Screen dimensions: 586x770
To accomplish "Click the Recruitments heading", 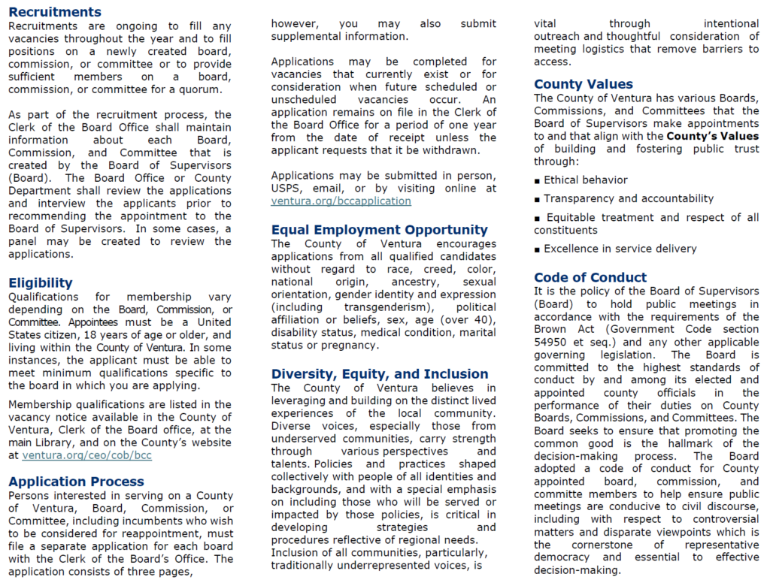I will tap(55, 12).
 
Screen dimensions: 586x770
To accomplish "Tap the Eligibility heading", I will tap(41, 283).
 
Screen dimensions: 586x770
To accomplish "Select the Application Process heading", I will tap(76, 482).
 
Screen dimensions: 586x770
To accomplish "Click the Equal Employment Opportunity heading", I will tap(380, 230).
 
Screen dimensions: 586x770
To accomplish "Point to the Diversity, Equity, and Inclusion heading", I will tap(380, 374).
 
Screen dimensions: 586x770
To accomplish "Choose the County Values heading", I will tap(584, 84).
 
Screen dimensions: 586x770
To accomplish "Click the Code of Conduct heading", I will tap(590, 277).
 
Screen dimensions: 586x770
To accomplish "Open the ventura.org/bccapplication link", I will tap(341, 201).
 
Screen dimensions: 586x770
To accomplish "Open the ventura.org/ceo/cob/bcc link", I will tap(87, 455).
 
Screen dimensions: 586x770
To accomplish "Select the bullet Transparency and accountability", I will tap(628, 199).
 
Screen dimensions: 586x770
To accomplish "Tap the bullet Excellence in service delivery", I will tap(620, 249).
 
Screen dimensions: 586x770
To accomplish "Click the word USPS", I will tap(288, 189).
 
